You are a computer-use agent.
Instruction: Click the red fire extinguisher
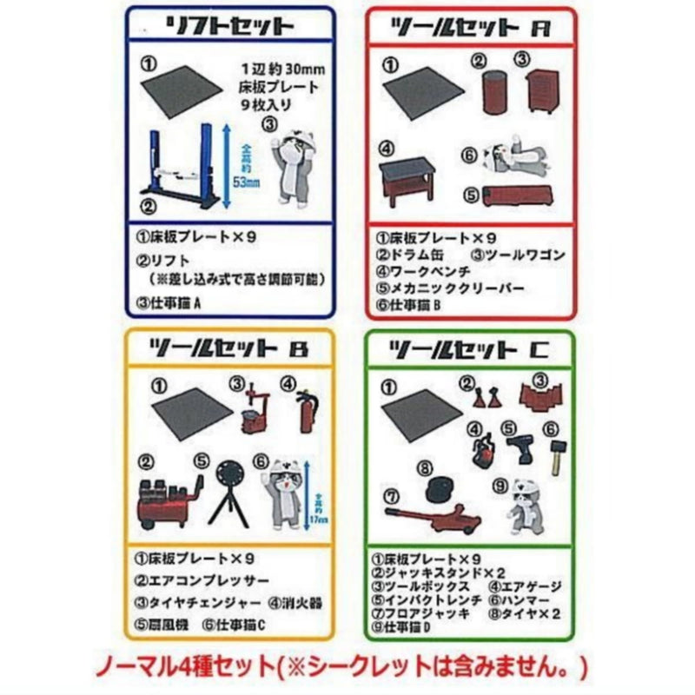pos(305,413)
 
